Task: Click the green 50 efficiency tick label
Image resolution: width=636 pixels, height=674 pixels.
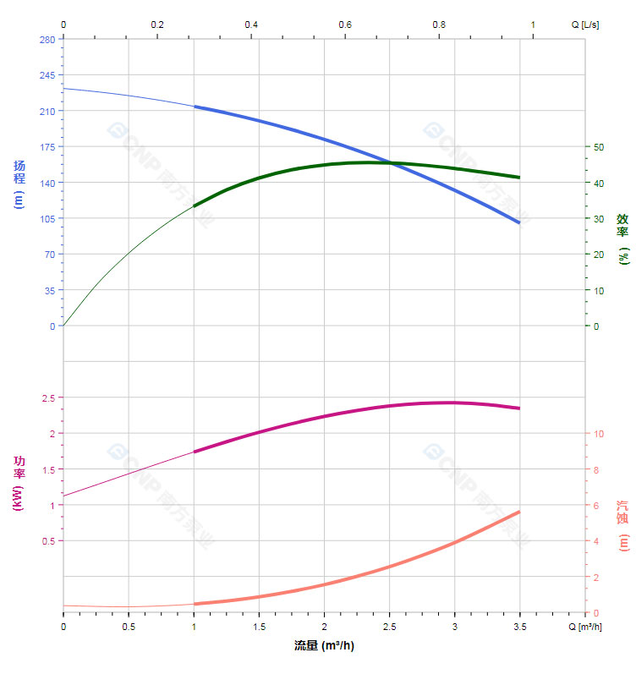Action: click(599, 147)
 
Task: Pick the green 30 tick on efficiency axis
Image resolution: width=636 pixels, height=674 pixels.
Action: click(599, 218)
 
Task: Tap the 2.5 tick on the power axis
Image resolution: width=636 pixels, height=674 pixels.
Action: click(47, 397)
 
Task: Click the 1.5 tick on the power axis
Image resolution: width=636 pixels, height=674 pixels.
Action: click(47, 469)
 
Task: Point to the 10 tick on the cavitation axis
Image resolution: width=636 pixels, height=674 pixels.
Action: click(599, 434)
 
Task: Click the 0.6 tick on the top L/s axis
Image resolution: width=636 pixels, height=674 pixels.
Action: click(345, 25)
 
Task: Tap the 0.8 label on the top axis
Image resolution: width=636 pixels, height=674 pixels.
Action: click(439, 25)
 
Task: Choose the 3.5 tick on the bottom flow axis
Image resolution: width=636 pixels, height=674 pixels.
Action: click(519, 627)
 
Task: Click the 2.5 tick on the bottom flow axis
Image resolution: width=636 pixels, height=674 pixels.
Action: click(389, 627)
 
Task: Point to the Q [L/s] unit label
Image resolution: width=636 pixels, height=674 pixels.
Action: click(585, 25)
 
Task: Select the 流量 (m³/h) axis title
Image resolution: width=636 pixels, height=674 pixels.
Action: click(324, 646)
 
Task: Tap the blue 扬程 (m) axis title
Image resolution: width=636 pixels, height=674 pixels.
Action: click(19, 184)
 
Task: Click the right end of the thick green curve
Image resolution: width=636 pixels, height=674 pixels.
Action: click(518, 178)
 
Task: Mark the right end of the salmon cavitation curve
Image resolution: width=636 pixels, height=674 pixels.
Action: click(518, 512)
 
